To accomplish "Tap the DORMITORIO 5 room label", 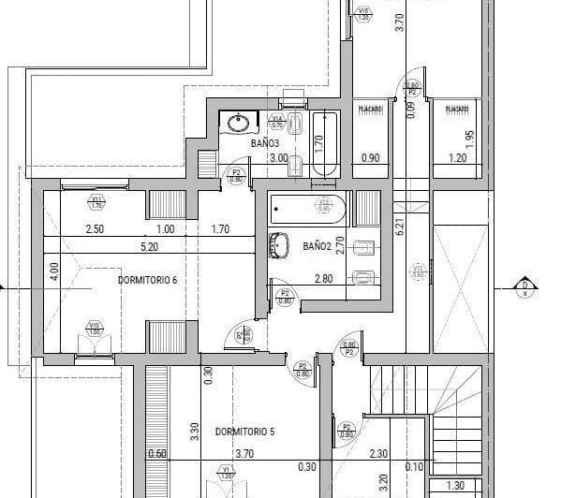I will (244, 432).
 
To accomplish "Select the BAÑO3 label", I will (265, 143).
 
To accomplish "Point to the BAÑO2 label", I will (317, 245).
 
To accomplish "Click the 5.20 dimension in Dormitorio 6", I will (149, 247).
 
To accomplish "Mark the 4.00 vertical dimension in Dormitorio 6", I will (54, 271).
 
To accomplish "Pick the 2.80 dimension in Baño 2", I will (323, 278).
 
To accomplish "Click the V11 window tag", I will (96, 200).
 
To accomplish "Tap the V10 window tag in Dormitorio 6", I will (94, 328).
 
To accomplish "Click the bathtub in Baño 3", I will (324, 143).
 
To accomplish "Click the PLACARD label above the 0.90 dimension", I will (370, 110).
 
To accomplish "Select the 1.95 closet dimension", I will (470, 136).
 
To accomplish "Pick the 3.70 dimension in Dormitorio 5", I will (244, 454).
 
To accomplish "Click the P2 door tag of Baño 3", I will (237, 174).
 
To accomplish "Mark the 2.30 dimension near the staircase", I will (378, 454).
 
